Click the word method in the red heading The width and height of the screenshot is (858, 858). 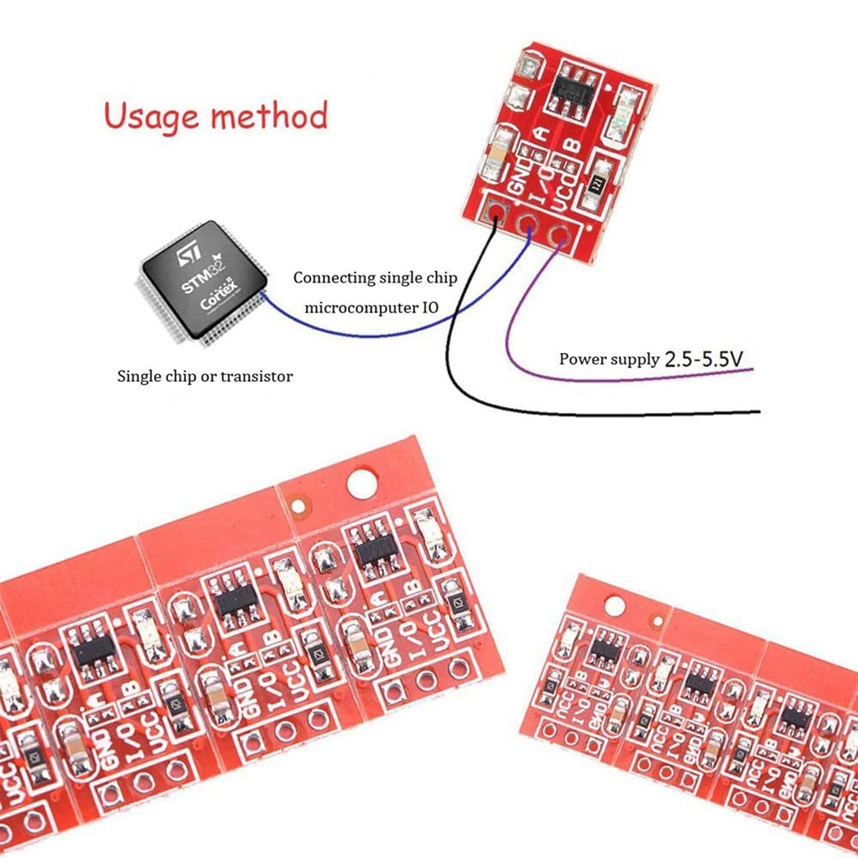[x=269, y=116]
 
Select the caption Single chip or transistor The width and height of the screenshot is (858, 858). [x=205, y=376]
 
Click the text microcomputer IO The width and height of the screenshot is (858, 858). [x=371, y=308]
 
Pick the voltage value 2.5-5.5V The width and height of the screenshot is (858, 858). [x=704, y=359]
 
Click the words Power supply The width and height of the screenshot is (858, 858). [x=609, y=359]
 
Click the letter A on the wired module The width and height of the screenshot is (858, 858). [x=541, y=134]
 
